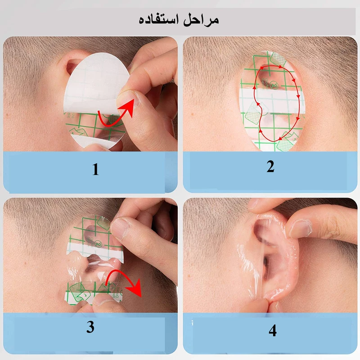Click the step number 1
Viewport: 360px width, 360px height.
tap(95, 170)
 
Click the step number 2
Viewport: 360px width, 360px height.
tap(270, 166)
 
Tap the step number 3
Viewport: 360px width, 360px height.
tap(90, 327)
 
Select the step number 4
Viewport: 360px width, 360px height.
tap(272, 331)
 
